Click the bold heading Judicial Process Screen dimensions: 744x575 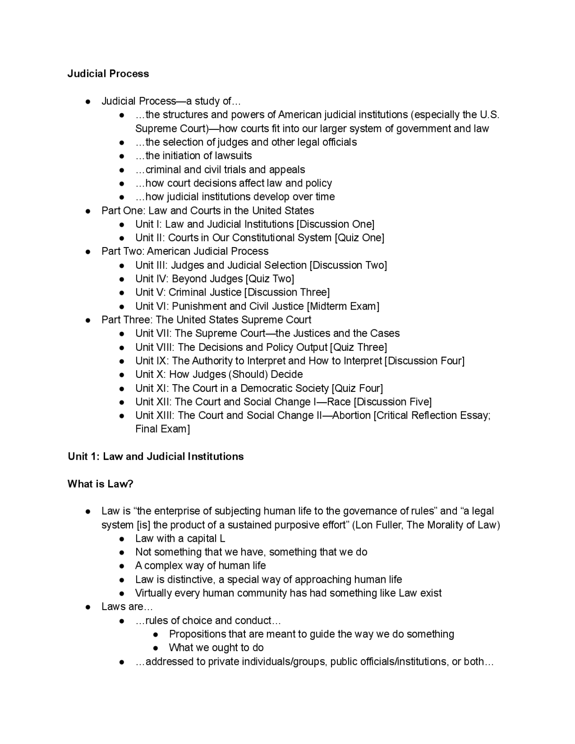point(108,74)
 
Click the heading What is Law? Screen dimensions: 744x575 point(100,484)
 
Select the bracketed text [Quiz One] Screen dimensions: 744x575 point(359,238)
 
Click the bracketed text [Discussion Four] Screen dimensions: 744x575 point(425,361)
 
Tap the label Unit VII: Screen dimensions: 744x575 point(153,333)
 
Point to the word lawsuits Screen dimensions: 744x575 point(231,156)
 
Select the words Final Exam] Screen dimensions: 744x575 point(163,429)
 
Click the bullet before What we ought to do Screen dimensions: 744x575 point(156,648)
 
